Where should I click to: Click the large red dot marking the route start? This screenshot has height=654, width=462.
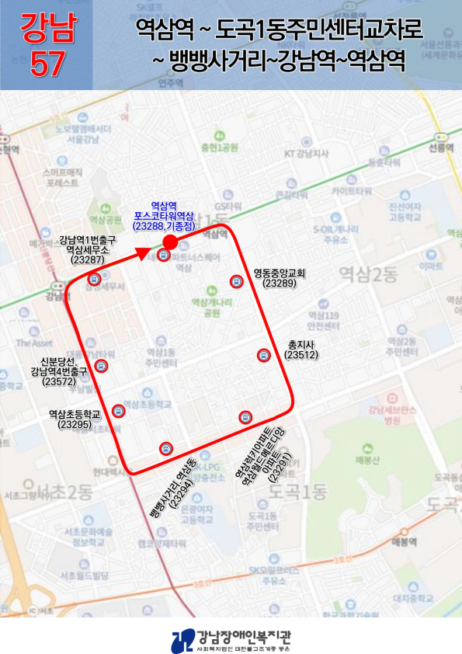171,243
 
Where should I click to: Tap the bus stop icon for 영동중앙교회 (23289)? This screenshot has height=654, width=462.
236,281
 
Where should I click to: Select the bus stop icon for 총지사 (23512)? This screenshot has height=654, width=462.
263,356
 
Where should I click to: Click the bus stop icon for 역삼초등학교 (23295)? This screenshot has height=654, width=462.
118,410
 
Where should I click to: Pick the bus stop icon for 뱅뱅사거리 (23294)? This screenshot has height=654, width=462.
165,447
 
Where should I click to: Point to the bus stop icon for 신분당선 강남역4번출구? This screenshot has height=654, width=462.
100,366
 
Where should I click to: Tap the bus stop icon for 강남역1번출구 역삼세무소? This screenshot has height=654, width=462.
94,280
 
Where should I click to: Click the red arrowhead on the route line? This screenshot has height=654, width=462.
142,252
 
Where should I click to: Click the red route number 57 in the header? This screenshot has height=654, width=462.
47,65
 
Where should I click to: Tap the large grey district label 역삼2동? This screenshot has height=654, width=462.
368,273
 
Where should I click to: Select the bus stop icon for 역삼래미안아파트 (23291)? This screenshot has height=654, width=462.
245,417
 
